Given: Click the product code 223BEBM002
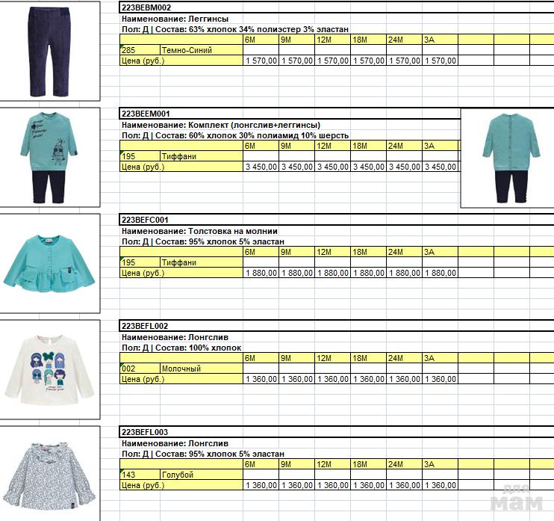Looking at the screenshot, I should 146,7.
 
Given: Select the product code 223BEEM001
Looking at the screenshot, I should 146,114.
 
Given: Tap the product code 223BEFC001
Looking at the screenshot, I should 146,221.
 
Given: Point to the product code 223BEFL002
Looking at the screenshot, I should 146,327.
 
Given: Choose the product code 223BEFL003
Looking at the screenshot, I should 146,433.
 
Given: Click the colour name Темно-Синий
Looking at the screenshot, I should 187,50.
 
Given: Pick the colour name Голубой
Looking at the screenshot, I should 178,475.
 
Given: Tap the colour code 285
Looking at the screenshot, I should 128,50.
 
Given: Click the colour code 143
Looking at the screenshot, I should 128,475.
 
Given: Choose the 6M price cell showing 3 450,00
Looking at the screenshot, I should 261,167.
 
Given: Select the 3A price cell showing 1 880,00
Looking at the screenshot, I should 440,274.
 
